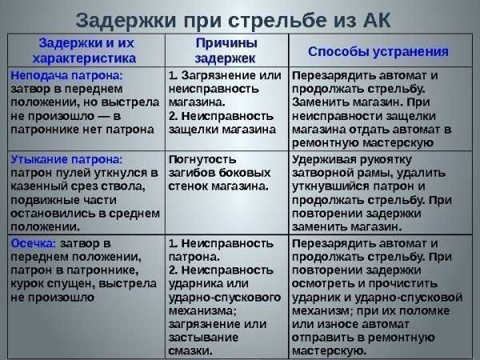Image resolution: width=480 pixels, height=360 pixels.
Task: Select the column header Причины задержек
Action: click(226, 50)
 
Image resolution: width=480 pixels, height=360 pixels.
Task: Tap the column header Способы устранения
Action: click(378, 51)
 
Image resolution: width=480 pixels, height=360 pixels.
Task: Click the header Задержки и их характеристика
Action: click(85, 50)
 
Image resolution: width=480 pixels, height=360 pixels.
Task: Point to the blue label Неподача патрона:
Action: click(66, 75)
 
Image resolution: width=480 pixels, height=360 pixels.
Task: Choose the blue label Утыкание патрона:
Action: click(66, 159)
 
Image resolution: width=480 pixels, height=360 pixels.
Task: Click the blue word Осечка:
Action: click(34, 243)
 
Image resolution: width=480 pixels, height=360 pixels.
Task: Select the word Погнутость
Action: click(202, 159)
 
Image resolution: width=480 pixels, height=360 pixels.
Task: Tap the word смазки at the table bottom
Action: click(190, 351)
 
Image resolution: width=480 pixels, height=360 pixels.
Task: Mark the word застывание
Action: click(203, 338)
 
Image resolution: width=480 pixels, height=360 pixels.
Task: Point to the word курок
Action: click(26, 284)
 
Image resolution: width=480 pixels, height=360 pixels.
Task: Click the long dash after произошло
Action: click(104, 117)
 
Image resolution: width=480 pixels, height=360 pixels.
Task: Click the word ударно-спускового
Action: click(225, 298)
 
